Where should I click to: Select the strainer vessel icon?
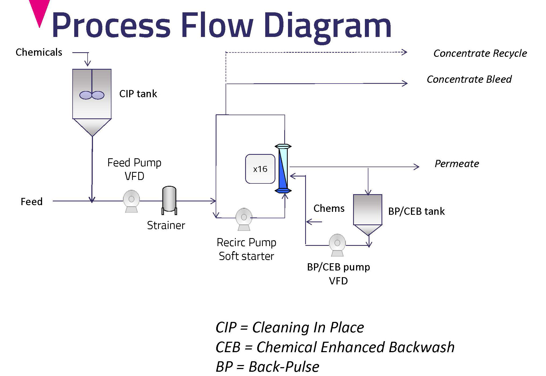(x=169, y=200)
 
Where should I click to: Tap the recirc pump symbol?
(x=244, y=219)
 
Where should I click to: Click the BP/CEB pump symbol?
(x=337, y=244)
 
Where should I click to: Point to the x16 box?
(x=260, y=169)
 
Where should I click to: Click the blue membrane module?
(x=283, y=169)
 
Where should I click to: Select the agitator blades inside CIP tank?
(x=92, y=95)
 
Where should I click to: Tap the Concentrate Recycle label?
(x=480, y=53)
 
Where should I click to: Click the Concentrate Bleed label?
(x=469, y=79)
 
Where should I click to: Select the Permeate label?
(x=457, y=164)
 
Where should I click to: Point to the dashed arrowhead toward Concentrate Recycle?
(x=405, y=52)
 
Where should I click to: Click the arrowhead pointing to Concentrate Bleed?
(x=405, y=84)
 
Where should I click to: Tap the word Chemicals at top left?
(x=39, y=52)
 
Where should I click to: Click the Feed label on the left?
(x=32, y=201)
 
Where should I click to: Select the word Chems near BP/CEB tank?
(x=329, y=208)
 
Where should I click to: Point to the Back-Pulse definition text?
(x=284, y=367)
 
